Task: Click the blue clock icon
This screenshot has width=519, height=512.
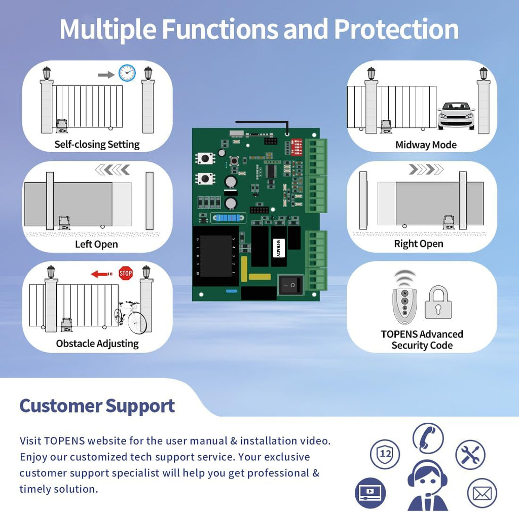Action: (x=127, y=73)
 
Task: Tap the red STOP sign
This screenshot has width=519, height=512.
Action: (x=125, y=274)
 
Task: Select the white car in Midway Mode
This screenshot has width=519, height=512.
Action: (x=456, y=116)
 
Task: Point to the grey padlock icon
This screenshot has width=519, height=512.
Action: (x=438, y=303)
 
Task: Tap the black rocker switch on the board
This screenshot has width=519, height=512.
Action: (x=290, y=286)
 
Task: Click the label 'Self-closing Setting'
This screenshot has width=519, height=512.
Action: (x=97, y=145)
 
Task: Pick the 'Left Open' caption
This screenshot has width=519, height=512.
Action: (x=96, y=244)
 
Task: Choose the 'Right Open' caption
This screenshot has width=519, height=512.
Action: (x=419, y=244)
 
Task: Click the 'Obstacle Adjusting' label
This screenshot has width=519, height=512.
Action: (x=97, y=344)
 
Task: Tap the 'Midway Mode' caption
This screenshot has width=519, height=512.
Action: (x=426, y=145)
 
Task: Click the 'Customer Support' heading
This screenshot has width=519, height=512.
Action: (x=97, y=406)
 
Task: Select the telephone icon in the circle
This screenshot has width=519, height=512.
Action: (x=428, y=438)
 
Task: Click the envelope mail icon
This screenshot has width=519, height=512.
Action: (x=481, y=493)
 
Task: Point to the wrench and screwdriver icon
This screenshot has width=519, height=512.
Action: (x=470, y=455)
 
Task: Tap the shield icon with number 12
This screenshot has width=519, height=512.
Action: (x=385, y=454)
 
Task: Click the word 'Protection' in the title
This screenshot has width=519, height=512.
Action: (x=396, y=29)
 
